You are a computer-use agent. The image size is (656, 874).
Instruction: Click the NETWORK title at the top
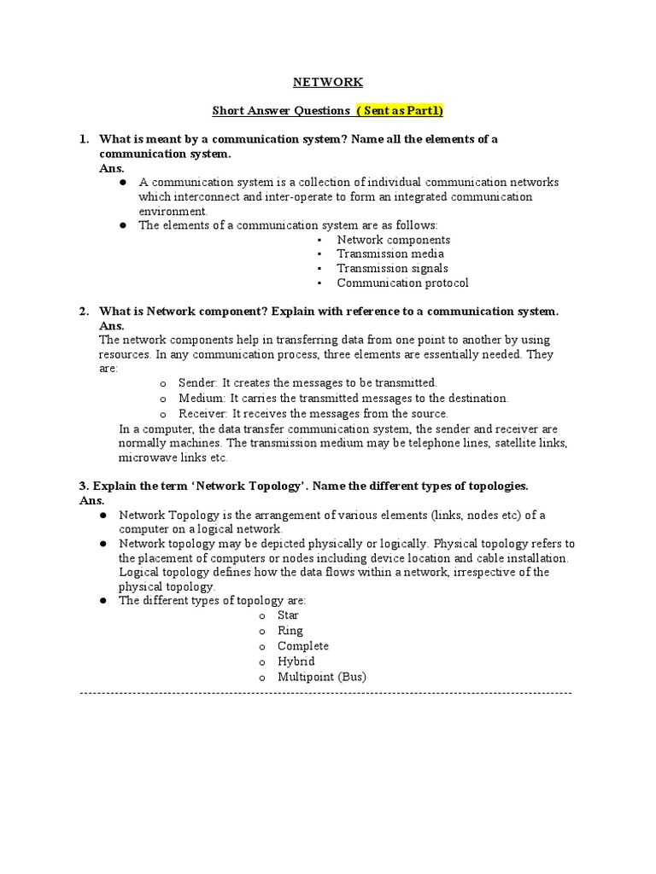point(328,82)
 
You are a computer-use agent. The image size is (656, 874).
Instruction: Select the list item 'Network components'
point(393,240)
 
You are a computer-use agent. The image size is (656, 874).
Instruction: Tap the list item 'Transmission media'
point(390,253)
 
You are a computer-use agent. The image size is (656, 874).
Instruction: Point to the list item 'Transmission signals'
point(392,268)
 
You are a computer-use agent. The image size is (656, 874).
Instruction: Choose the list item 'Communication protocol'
point(402,283)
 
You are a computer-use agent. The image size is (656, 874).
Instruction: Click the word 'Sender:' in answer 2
point(198,383)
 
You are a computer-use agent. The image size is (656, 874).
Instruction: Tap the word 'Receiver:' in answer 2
point(203,413)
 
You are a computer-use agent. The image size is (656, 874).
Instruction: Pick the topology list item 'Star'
point(288,615)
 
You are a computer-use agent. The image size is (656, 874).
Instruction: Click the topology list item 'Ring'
point(290,631)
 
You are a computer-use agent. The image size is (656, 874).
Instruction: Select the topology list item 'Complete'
point(302,646)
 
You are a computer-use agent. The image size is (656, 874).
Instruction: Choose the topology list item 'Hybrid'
point(296,661)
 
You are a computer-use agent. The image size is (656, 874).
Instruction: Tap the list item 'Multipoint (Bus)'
point(321,677)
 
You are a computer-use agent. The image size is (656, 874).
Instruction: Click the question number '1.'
point(84,139)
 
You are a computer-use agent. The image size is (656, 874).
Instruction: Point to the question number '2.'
point(84,312)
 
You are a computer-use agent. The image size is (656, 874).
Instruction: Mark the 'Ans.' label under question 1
point(112,168)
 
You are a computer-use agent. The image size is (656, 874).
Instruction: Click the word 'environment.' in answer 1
point(173,211)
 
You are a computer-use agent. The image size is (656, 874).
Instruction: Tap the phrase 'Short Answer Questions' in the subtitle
point(281,110)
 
